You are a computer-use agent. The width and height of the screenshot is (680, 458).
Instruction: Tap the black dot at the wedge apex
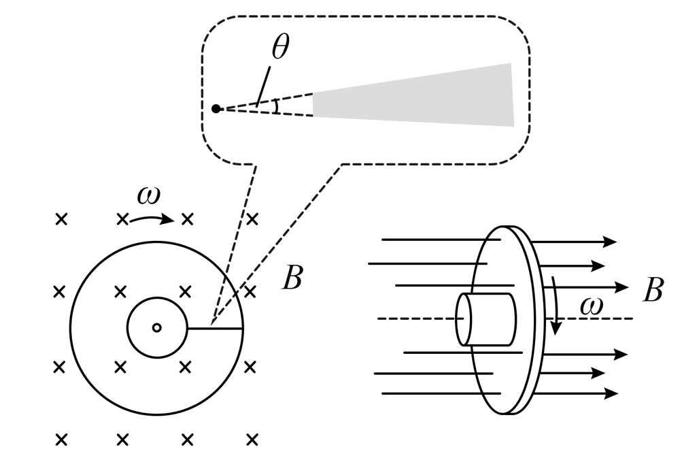coord(216,108)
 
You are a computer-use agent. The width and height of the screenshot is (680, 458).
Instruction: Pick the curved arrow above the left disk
coord(153,218)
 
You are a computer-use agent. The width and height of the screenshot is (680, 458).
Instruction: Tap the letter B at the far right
coord(652,291)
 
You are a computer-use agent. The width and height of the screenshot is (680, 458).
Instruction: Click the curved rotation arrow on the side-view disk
coord(556,306)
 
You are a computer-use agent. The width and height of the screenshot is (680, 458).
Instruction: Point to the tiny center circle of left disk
coord(156,328)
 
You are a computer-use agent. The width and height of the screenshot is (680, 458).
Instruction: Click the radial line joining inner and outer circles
coord(214,329)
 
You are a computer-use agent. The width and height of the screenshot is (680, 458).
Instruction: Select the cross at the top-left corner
coord(61,219)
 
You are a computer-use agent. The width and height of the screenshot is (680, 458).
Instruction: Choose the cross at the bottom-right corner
coord(252,440)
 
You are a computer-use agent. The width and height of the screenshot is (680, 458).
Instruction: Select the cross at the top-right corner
coord(252,219)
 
